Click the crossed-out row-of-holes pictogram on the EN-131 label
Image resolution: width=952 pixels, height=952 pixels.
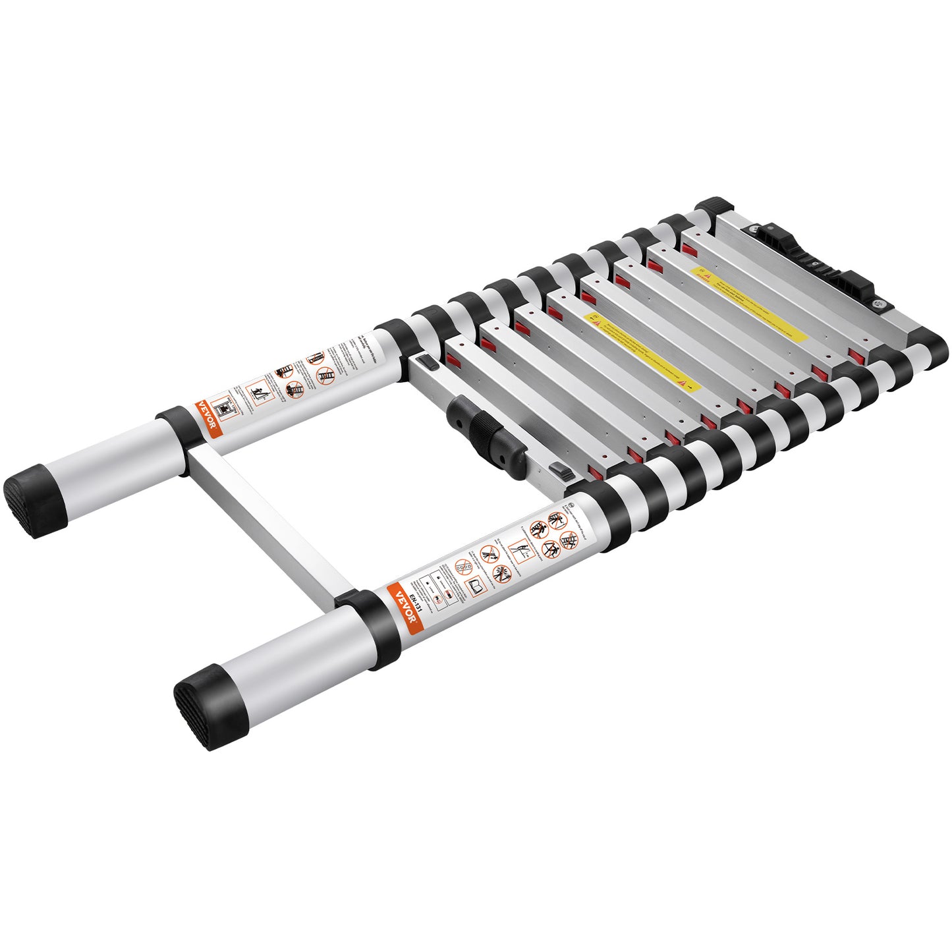[462, 565]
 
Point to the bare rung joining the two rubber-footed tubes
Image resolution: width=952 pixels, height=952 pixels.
[270, 520]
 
